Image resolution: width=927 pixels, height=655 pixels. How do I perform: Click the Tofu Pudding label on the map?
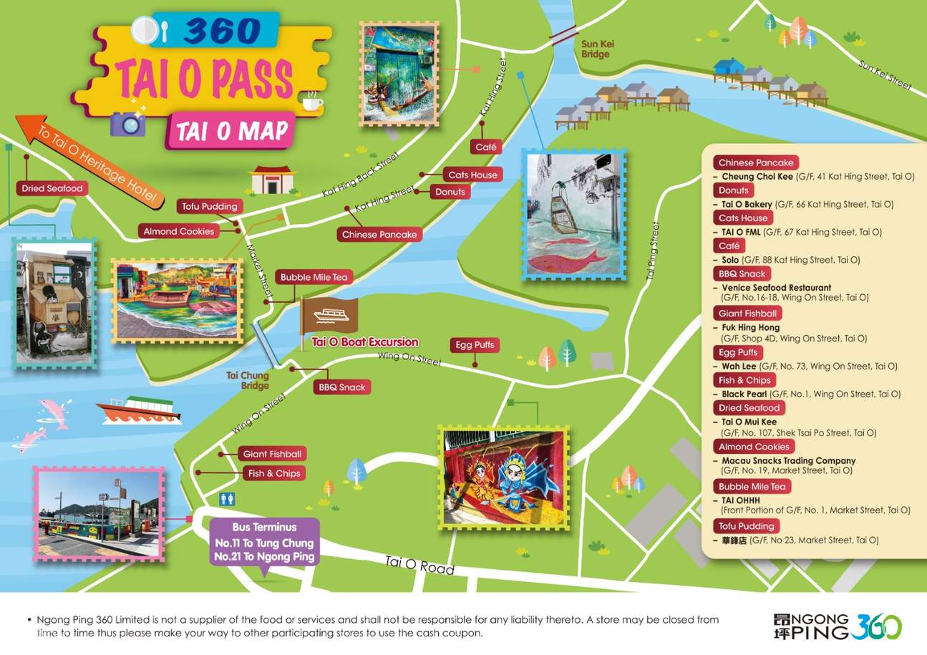tap(210, 207)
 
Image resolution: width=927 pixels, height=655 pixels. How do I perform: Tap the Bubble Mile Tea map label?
tap(314, 277)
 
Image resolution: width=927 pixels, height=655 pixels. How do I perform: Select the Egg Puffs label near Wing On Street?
tap(475, 345)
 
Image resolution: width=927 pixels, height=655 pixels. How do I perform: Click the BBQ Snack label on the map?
tap(342, 387)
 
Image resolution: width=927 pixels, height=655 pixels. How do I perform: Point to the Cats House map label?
tap(472, 175)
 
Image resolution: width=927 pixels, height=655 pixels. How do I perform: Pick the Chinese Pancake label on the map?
tap(379, 235)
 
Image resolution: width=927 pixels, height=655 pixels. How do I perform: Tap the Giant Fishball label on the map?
tap(272, 454)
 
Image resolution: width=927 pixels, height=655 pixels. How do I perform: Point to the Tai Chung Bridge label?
tap(248, 380)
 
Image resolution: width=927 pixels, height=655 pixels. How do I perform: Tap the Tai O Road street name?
tap(419, 566)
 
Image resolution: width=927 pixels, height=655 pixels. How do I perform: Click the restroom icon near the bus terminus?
tap(228, 498)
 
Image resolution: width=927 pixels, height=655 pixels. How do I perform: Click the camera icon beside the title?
tap(127, 123)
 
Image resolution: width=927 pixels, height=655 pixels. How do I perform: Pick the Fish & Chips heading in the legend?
tap(744, 380)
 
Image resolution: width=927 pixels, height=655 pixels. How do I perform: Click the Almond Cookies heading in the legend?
tap(754, 447)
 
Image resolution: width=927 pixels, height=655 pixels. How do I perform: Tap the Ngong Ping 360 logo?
tap(838, 626)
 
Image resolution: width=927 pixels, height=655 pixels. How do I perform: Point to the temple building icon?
tap(273, 180)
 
